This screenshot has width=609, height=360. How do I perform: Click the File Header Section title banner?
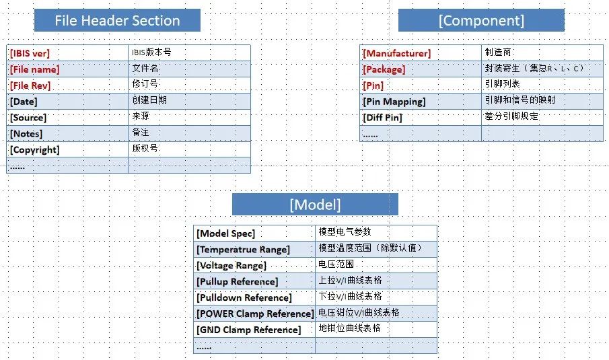(117, 20)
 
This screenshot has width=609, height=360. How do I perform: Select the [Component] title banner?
(481, 20)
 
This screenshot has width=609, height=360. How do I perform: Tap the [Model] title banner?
(315, 205)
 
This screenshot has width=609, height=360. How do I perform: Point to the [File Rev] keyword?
(30, 85)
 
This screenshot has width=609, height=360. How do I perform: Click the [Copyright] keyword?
(34, 150)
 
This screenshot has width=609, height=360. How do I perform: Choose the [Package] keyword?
(384, 69)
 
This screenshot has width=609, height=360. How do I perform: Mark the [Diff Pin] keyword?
(382, 118)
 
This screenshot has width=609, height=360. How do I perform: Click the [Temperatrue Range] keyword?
(243, 250)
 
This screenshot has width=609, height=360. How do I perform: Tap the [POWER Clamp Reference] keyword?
(255, 314)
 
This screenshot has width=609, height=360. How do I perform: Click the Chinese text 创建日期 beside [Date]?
(149, 100)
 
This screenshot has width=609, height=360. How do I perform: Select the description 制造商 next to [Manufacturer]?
(498, 52)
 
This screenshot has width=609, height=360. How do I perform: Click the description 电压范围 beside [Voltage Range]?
(336, 264)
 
